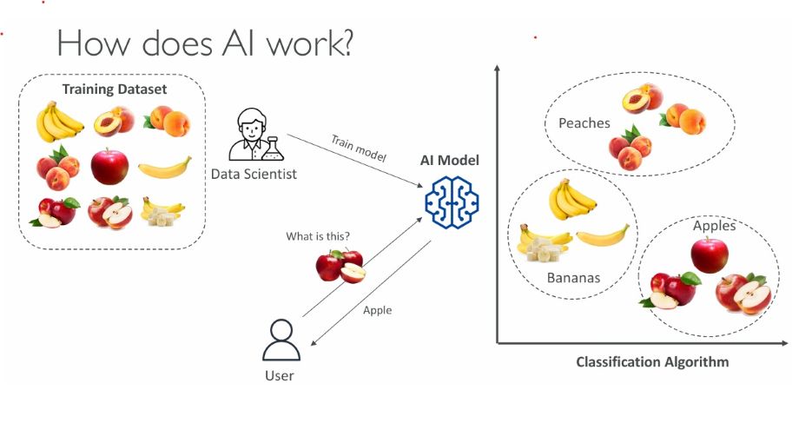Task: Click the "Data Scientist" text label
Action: [x=254, y=175]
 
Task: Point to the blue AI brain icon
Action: [x=451, y=202]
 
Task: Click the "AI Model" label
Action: [x=450, y=161]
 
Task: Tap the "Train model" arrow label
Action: [x=358, y=148]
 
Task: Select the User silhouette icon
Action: [x=280, y=340]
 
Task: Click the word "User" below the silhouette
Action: [x=280, y=375]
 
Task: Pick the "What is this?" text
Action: [x=318, y=236]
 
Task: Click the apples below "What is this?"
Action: [x=340, y=265]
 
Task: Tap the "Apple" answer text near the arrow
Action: [x=377, y=309]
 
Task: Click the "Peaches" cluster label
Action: [x=584, y=123]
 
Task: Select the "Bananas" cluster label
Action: [x=574, y=278]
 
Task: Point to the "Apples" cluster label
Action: [x=715, y=226]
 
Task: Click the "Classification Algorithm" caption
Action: [x=652, y=362]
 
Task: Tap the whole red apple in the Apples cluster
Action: [x=709, y=254]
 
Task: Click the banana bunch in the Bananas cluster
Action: [x=571, y=200]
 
